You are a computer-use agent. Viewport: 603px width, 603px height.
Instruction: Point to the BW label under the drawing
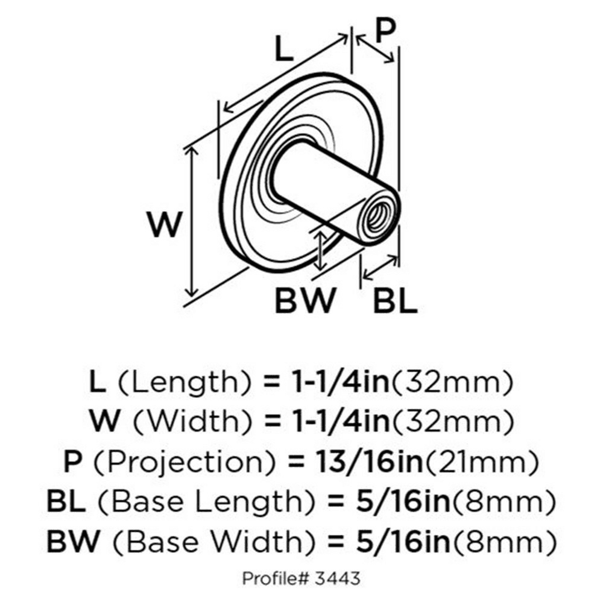click(305, 300)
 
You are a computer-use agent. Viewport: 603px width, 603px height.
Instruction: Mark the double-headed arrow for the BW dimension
click(320, 250)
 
